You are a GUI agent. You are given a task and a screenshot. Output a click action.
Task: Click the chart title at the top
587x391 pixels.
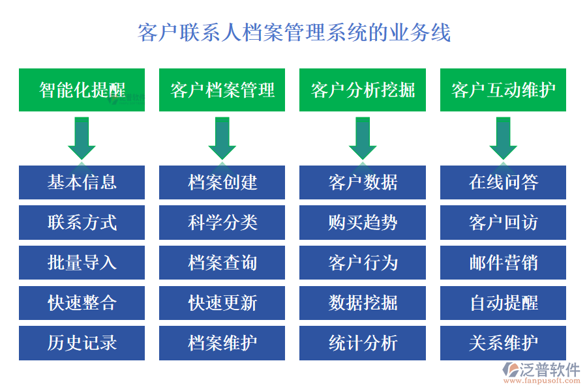click(x=294, y=32)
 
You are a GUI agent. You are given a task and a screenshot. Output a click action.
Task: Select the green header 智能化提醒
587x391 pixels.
click(x=82, y=90)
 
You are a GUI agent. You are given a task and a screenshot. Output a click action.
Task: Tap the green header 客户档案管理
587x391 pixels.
click(x=222, y=90)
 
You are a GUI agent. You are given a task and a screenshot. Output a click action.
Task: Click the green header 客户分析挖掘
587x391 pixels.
click(x=363, y=90)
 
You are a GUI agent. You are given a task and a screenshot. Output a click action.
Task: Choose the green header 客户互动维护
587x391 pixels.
click(x=503, y=90)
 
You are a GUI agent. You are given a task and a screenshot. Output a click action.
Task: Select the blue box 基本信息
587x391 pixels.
click(x=82, y=182)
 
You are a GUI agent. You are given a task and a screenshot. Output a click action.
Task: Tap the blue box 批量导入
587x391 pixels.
click(x=82, y=263)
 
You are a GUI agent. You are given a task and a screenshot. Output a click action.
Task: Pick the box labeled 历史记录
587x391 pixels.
click(x=82, y=343)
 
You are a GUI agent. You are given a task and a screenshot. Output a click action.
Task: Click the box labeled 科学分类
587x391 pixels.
click(x=222, y=223)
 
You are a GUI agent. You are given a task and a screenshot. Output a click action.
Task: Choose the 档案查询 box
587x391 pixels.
click(x=222, y=263)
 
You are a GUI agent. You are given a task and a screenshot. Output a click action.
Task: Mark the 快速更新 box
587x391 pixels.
click(x=222, y=303)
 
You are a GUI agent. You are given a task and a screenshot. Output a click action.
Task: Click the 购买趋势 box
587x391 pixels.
click(x=363, y=223)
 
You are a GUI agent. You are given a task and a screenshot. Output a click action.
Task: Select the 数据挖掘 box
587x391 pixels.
click(x=363, y=303)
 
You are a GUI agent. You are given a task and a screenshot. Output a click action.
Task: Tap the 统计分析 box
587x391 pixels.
click(x=363, y=343)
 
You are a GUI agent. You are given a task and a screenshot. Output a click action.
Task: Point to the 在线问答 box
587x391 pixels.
click(x=503, y=182)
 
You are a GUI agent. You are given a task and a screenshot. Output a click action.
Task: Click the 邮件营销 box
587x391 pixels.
click(x=503, y=263)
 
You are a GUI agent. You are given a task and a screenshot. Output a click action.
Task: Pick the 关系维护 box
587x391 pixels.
click(x=503, y=343)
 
